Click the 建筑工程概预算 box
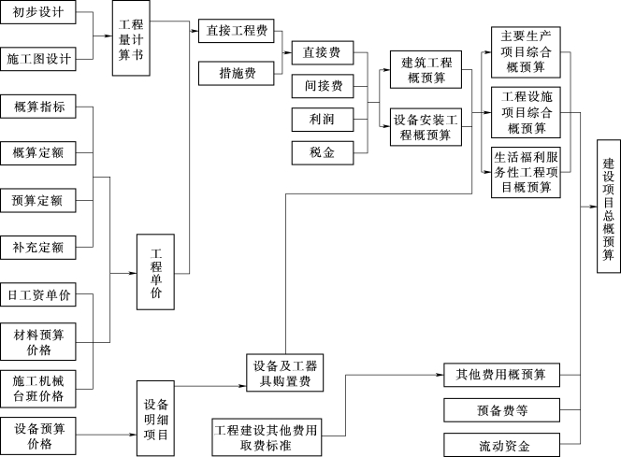pyautogui.click(x=426, y=71)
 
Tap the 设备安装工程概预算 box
pyautogui.click(x=426, y=127)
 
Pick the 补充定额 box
pyautogui.click(x=39, y=248)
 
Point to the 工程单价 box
pyautogui.click(x=156, y=272)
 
